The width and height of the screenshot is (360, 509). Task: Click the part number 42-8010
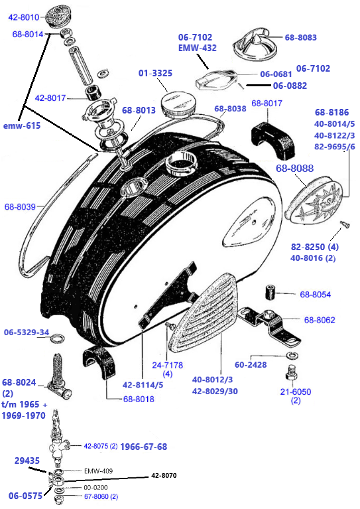pos(24,17)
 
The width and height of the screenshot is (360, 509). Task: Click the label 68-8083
pos(300,37)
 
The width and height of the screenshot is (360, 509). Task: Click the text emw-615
pos(22,125)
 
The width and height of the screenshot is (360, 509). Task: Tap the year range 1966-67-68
pos(144,447)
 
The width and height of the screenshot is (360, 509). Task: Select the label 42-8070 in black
pos(164,476)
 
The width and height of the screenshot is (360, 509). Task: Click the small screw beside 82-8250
pos(345,224)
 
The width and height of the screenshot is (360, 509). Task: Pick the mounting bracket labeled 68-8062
pos(270,325)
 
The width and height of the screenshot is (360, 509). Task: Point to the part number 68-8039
pos(20,206)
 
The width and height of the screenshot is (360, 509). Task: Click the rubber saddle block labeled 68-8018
pos(99,362)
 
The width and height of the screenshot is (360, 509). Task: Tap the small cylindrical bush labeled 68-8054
pos(270,292)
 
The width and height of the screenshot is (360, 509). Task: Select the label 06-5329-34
pos(27,332)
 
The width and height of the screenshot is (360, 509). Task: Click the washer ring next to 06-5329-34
pos(58,338)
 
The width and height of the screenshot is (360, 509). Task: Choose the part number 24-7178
pos(168,365)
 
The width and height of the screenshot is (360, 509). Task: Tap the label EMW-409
pos(98,471)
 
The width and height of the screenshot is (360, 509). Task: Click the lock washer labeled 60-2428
pos(292,355)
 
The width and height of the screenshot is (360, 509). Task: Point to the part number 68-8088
pos(295,168)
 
